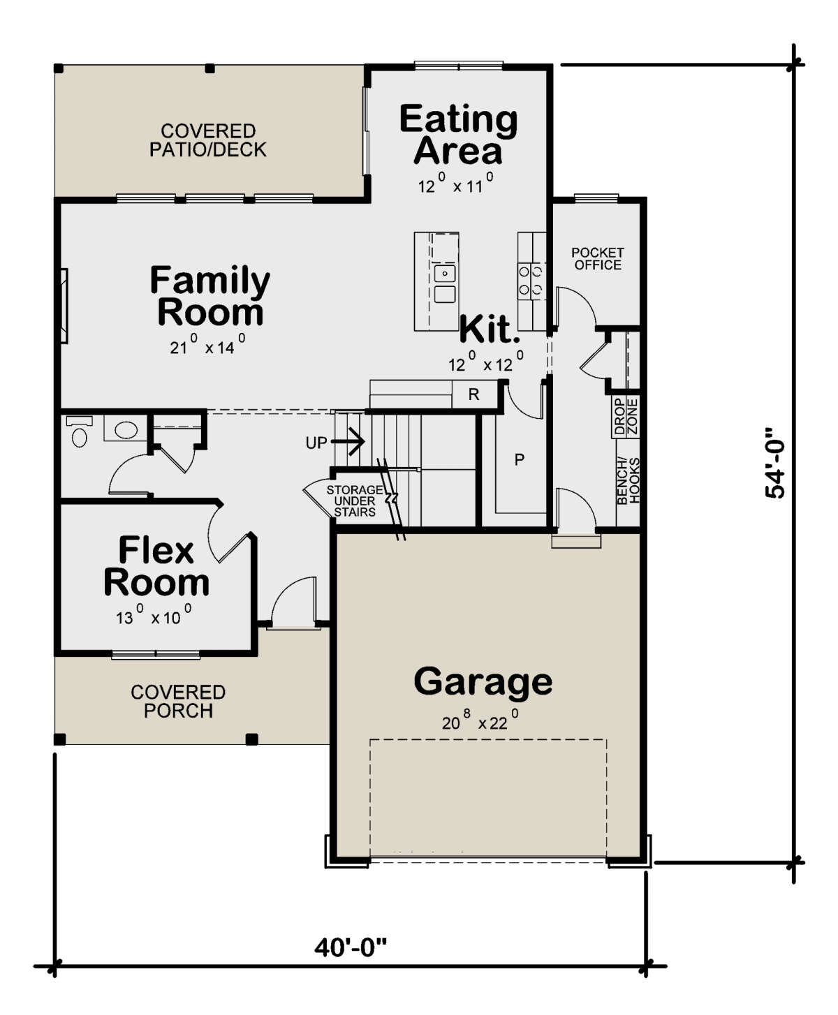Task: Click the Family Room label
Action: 209,295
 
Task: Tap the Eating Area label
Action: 458,134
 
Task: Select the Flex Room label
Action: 156,566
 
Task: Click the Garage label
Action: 483,683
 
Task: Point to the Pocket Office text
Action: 598,258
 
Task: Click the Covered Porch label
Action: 178,702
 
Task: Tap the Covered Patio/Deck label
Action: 208,140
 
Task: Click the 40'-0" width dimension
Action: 350,947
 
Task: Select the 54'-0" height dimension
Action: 775,463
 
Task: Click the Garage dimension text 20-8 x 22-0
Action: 480,720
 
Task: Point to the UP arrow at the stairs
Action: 348,442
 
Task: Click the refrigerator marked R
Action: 473,394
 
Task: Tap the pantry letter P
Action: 520,459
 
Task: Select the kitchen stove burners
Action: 531,279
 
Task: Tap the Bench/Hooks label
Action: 628,480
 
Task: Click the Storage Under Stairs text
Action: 355,501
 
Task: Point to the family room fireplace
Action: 64,306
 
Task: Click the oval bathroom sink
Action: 126,430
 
